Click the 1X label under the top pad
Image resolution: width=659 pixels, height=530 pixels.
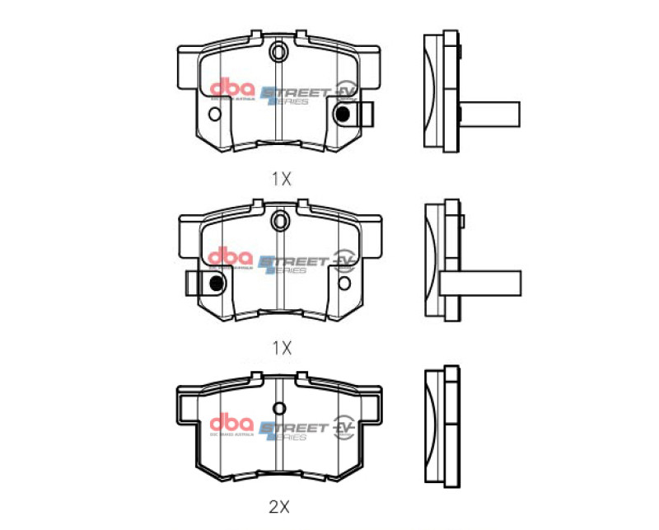click(x=281, y=177)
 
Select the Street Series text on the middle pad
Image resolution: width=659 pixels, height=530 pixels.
click(x=292, y=264)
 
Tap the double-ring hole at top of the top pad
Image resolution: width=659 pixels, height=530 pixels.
click(x=278, y=54)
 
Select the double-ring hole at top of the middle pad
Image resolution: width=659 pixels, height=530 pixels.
click(x=279, y=220)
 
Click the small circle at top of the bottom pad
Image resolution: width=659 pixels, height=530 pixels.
click(x=279, y=408)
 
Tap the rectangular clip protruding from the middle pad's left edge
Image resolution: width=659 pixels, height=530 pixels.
click(x=198, y=284)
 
